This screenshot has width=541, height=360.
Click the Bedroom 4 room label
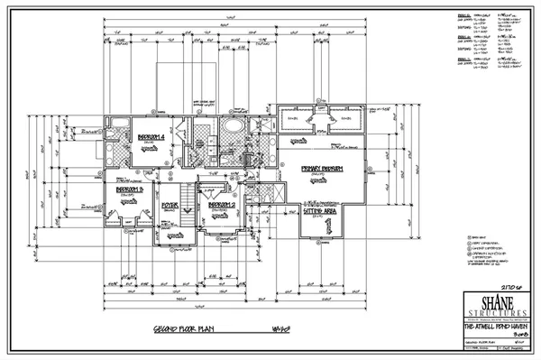(x=149, y=137)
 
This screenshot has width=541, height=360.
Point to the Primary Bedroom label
(x=320, y=170)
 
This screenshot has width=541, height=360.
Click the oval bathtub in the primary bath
(x=234, y=128)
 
